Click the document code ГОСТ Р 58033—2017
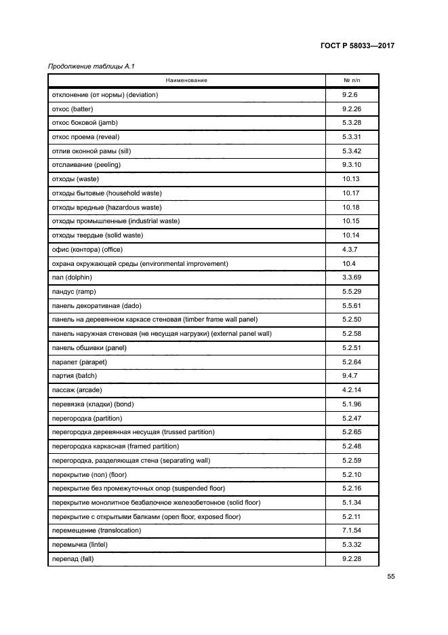coord(357,46)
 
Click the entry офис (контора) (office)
coord(87,249)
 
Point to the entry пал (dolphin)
coord(72,277)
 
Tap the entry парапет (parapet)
coord(79,362)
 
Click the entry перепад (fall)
coord(73,558)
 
